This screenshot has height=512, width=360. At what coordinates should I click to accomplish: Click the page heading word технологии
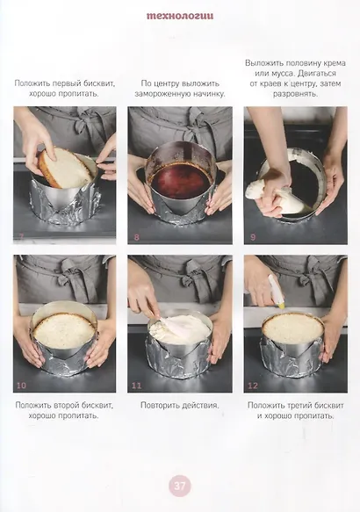click(x=180, y=17)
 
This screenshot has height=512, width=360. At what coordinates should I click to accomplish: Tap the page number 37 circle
click(x=179, y=486)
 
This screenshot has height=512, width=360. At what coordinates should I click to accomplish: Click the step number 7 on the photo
click(x=21, y=237)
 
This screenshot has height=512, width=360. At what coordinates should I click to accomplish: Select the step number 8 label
click(x=136, y=237)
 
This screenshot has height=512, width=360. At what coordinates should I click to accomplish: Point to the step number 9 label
click(x=253, y=237)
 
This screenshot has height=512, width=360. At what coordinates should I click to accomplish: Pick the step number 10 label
click(x=21, y=386)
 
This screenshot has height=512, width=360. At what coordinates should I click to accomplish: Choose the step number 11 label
click(x=136, y=386)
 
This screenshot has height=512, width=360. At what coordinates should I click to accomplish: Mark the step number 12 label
click(x=253, y=386)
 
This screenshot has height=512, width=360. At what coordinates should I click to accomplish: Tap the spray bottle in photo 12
click(x=276, y=292)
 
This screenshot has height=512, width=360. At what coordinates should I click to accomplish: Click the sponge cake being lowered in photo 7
click(x=66, y=167)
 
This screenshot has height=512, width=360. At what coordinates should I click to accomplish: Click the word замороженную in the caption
click(x=162, y=94)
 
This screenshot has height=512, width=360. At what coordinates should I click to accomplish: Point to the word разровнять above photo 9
click(x=295, y=94)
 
